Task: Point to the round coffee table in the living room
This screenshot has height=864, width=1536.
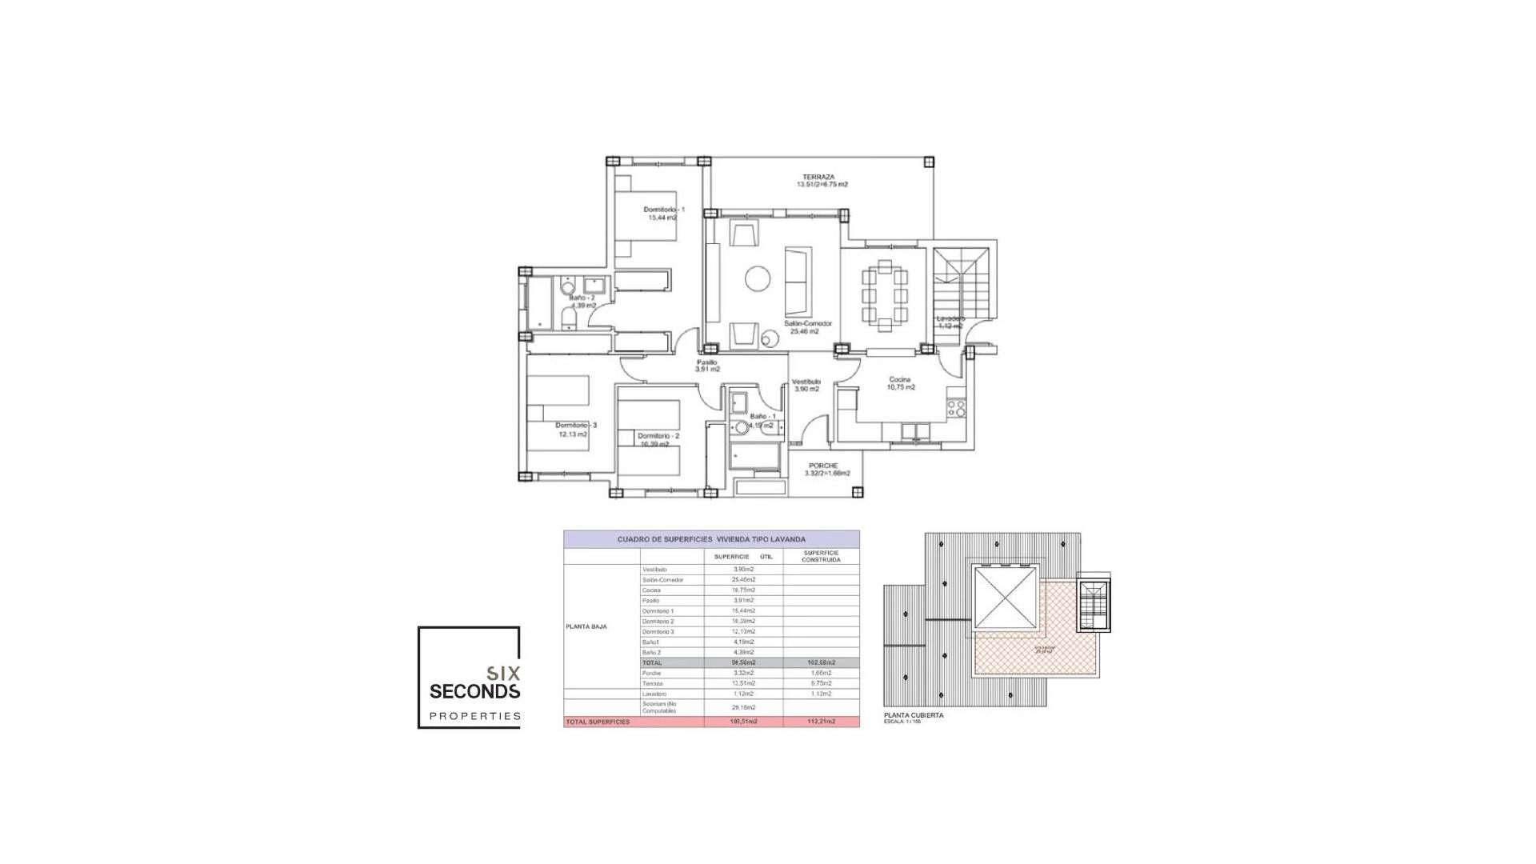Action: tap(758, 278)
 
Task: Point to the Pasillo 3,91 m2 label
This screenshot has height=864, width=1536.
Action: tap(707, 366)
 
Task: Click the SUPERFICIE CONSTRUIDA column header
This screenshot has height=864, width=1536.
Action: tap(822, 557)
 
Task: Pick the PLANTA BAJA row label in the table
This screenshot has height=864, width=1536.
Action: tap(586, 626)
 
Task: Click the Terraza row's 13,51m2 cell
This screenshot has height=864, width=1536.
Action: tap(743, 683)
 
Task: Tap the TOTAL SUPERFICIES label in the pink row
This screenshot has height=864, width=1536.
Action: tap(598, 722)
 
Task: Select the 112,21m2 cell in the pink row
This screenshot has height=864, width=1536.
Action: tap(822, 722)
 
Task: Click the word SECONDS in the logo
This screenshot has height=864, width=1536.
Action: tap(475, 691)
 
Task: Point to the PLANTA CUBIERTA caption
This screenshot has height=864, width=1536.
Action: tap(914, 715)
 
